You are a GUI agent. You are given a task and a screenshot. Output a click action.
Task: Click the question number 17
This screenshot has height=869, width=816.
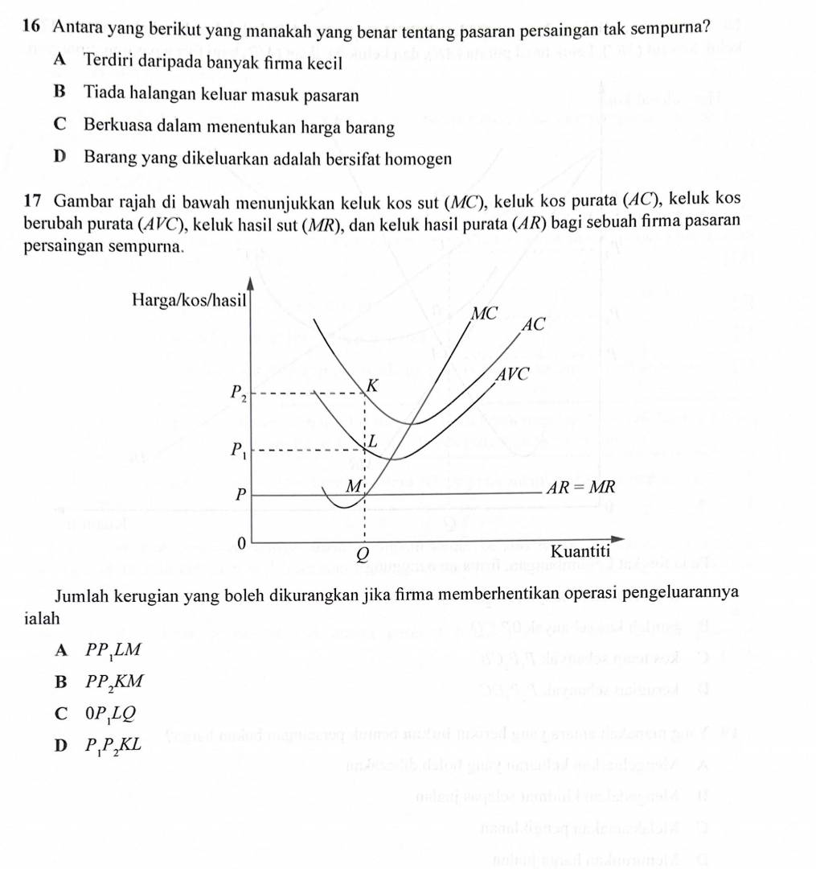tap(32, 200)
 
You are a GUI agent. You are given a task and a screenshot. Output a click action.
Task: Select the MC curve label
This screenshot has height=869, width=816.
tap(485, 313)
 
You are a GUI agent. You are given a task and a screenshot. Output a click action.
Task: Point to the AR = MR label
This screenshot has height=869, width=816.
tap(581, 488)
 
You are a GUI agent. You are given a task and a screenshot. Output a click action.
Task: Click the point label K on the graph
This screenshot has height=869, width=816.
tap(371, 386)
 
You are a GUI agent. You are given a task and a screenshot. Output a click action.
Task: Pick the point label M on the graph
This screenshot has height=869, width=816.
tap(352, 486)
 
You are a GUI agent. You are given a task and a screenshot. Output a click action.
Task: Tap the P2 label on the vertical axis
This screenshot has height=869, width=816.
tap(238, 393)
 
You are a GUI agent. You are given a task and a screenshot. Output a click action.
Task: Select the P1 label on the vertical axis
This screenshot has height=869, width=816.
tap(238, 450)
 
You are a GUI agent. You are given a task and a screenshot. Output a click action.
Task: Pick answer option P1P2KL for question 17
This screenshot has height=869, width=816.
tap(115, 745)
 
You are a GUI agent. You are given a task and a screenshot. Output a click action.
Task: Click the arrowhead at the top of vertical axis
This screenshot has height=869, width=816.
tap(251, 282)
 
